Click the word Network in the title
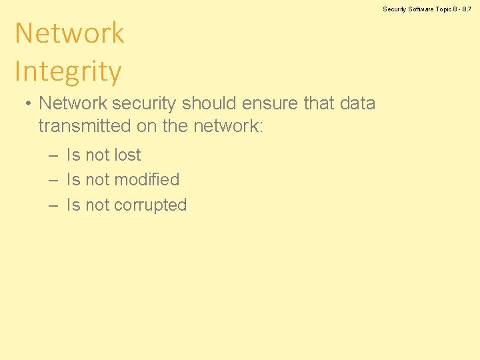[x=69, y=33]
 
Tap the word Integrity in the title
[x=68, y=71]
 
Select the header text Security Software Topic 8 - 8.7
[x=427, y=9]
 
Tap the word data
[x=357, y=103]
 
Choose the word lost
[x=127, y=155]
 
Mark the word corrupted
[x=151, y=205]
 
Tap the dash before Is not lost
[x=53, y=155]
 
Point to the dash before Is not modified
[x=53, y=180]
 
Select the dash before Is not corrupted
[x=53, y=205]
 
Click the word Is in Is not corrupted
[x=73, y=205]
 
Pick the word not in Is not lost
[x=97, y=155]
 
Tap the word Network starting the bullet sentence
[x=73, y=103]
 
